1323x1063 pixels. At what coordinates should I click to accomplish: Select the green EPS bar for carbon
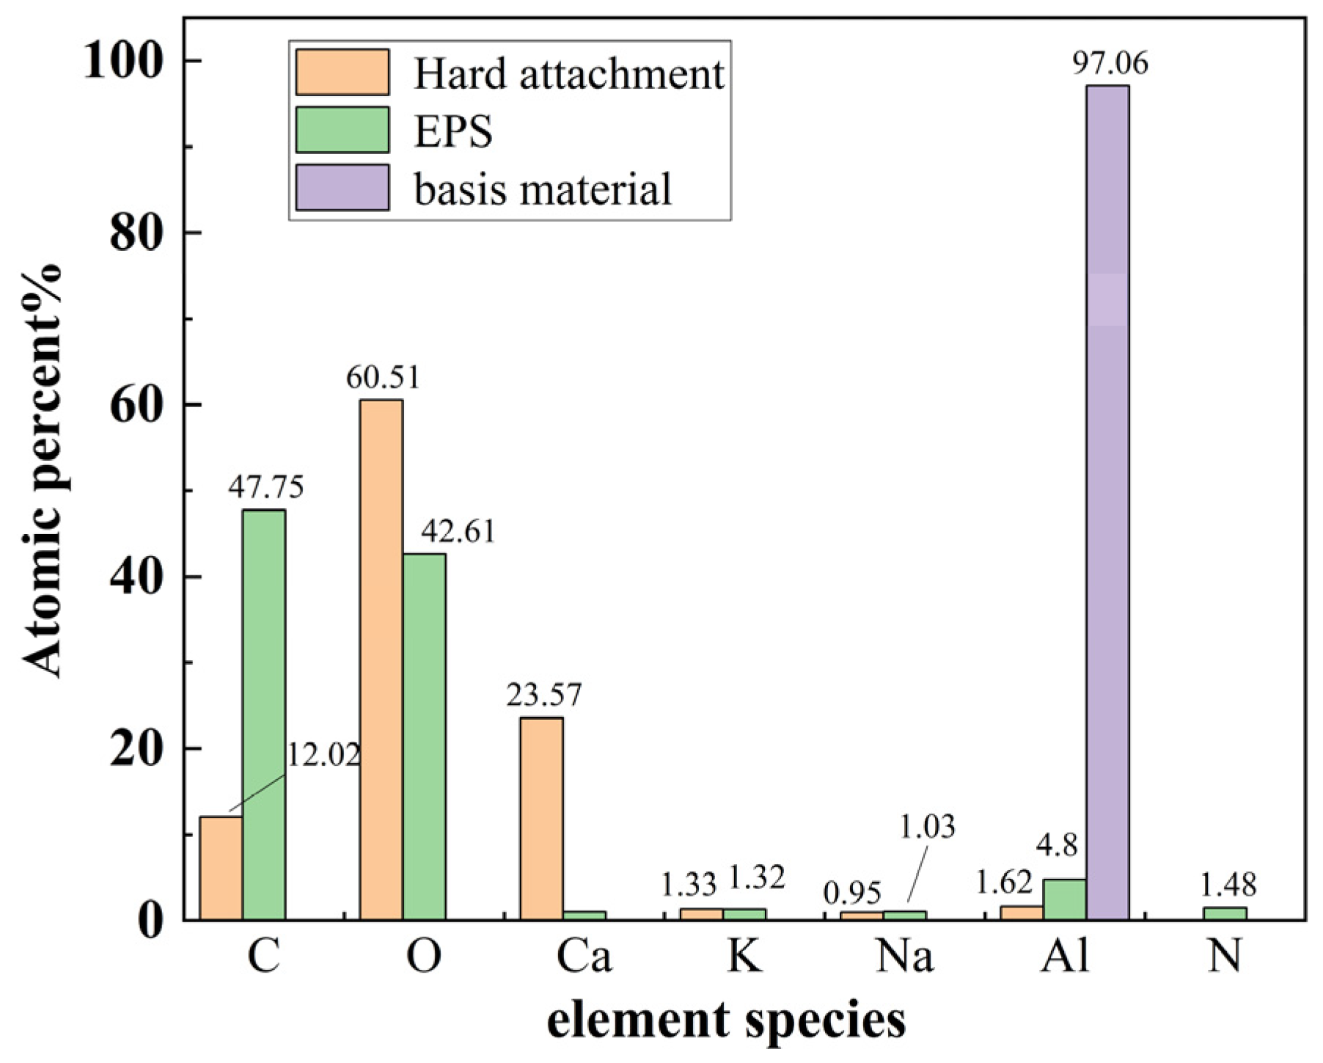[264, 715]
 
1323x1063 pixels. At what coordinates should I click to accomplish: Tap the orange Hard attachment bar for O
[381, 660]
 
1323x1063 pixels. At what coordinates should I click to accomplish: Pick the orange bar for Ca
[541, 818]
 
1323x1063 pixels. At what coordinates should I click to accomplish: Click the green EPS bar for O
[424, 737]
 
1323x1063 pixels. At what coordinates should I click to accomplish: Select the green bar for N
[1225, 913]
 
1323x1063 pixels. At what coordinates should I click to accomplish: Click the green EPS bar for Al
[1064, 899]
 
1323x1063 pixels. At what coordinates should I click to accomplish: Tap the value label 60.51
[383, 377]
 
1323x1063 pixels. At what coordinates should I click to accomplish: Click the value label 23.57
[543, 695]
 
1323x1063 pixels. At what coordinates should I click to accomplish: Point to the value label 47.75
[265, 486]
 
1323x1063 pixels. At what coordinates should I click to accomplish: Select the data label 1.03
[927, 827]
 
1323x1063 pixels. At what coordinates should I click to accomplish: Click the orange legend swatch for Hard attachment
[342, 73]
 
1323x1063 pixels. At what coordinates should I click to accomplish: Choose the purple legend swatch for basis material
[342, 188]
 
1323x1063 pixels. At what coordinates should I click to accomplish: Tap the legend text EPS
[452, 131]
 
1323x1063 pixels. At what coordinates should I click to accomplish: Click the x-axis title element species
[726, 1020]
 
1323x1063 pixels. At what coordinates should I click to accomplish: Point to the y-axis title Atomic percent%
[42, 470]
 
